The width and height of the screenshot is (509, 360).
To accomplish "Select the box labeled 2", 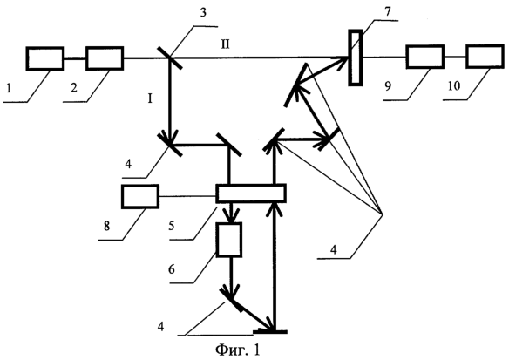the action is pyautogui.click(x=105, y=58).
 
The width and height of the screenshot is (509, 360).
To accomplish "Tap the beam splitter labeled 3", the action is pyautogui.click(x=170, y=58).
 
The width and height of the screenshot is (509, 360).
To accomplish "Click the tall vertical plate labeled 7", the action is pyautogui.click(x=356, y=58).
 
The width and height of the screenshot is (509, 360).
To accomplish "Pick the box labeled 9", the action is pyautogui.click(x=425, y=57).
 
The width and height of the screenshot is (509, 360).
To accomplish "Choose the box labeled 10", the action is pyautogui.click(x=485, y=57).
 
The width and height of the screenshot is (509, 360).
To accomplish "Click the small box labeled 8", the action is pyautogui.click(x=140, y=196).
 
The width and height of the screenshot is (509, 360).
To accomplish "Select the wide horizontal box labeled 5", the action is pyautogui.click(x=251, y=194).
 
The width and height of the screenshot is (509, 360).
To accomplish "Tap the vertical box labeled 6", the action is pyautogui.click(x=229, y=240).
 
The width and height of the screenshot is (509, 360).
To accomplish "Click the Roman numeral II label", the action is pyautogui.click(x=225, y=44).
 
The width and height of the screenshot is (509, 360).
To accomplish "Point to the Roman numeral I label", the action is pyautogui.click(x=150, y=98).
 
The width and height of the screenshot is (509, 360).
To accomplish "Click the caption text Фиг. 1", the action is pyautogui.click(x=237, y=350).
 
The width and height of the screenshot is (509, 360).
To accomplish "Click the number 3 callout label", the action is pyautogui.click(x=203, y=13).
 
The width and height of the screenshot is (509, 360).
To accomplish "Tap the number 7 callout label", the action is pyautogui.click(x=388, y=11).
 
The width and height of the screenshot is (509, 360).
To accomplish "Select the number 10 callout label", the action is pyautogui.click(x=454, y=86).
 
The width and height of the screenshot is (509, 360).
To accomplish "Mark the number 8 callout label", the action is pyautogui.click(x=107, y=226).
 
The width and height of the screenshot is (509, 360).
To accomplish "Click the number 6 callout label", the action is pyautogui.click(x=172, y=268).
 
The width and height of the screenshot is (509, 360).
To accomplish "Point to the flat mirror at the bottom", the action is pyautogui.click(x=270, y=331).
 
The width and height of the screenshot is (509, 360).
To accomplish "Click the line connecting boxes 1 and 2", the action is pyautogui.click(x=75, y=58).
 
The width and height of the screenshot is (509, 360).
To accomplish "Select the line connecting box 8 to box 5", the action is pyautogui.click(x=187, y=196).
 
